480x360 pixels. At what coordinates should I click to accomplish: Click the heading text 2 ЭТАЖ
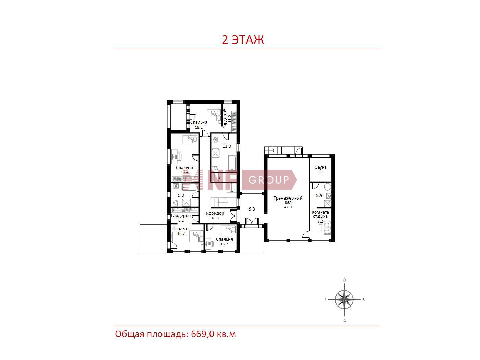coord(243,40)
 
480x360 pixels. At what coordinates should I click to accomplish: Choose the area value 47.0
coord(288,207)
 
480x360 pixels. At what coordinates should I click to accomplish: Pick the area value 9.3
coord(252,209)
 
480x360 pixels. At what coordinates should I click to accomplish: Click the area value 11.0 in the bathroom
coord(227,146)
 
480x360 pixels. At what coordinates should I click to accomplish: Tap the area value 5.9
coord(319,196)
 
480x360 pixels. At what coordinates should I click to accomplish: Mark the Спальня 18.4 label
coord(184,170)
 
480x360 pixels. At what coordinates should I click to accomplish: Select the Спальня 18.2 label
coord(199,124)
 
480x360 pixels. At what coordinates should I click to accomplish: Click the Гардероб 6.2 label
coord(181,218)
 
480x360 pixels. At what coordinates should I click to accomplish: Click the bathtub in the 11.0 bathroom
coord(232,163)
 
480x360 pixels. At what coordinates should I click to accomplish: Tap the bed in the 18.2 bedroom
coord(214,115)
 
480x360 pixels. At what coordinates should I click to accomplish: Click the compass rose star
coord(344,299)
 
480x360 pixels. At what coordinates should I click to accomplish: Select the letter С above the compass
coord(345,280)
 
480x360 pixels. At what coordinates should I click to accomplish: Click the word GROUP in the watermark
coord(268,180)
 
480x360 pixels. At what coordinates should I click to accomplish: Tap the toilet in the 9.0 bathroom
coord(176,204)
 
